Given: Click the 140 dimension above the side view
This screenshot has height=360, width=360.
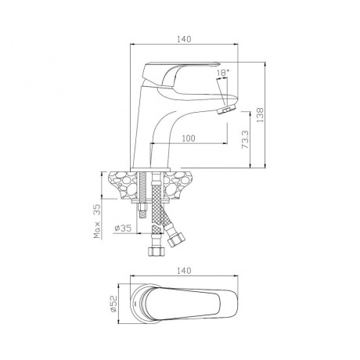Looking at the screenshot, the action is (x=184, y=39).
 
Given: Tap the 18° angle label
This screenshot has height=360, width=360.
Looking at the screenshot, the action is (x=222, y=73).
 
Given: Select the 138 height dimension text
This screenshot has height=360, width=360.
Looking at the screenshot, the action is (x=260, y=115).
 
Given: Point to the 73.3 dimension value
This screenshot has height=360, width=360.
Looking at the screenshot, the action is (x=246, y=139).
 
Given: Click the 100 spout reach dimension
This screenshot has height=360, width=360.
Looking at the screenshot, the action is (x=188, y=139).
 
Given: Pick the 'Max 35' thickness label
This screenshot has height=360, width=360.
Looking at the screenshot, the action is (x=97, y=221).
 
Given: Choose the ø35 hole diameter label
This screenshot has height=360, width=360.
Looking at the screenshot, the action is (x=123, y=229).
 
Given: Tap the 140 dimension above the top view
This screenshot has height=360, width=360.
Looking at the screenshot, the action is (x=184, y=271).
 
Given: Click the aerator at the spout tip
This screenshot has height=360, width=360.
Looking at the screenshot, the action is (x=226, y=109).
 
